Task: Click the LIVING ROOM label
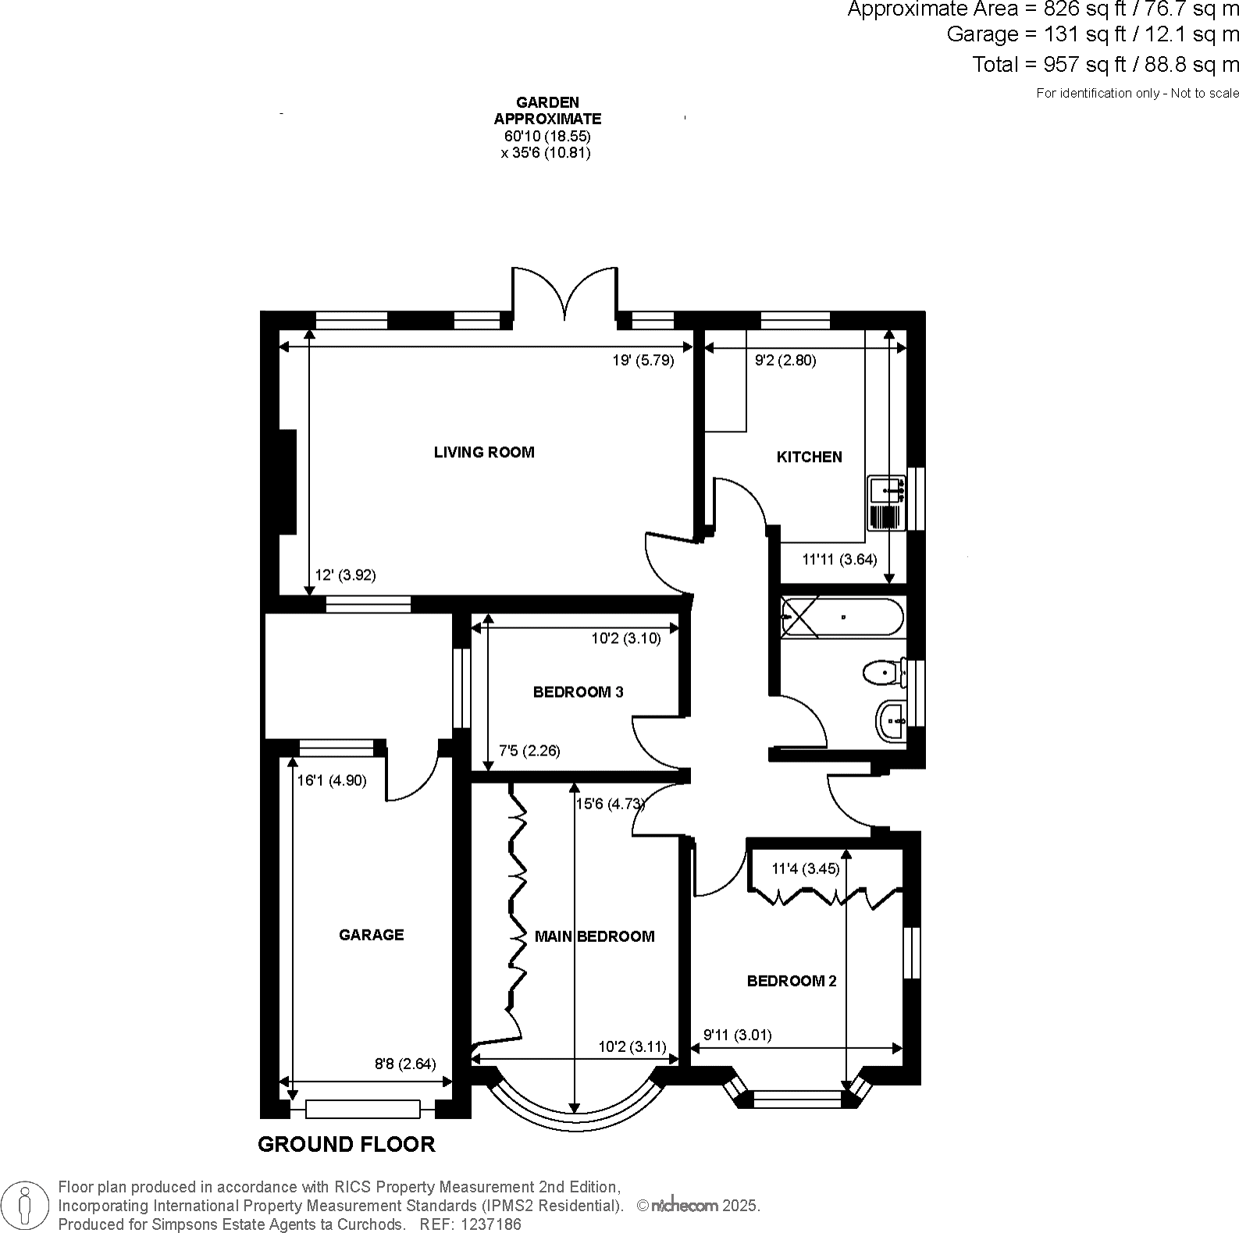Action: [484, 452]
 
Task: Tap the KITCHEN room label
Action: [809, 457]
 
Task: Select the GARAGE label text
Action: [371, 934]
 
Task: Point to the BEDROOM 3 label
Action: [578, 691]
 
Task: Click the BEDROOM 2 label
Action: [792, 981]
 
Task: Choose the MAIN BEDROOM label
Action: [594, 936]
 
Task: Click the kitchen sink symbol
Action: [886, 503]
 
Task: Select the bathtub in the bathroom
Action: [842, 617]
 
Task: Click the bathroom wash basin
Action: [891, 720]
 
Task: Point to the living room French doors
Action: [564, 295]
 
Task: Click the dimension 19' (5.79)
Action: [643, 361]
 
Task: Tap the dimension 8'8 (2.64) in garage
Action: [405, 1064]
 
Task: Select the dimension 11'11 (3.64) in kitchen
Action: [839, 559]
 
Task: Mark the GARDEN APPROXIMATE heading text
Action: [547, 111]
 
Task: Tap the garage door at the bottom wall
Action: [363, 1107]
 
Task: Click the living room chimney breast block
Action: [287, 481]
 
